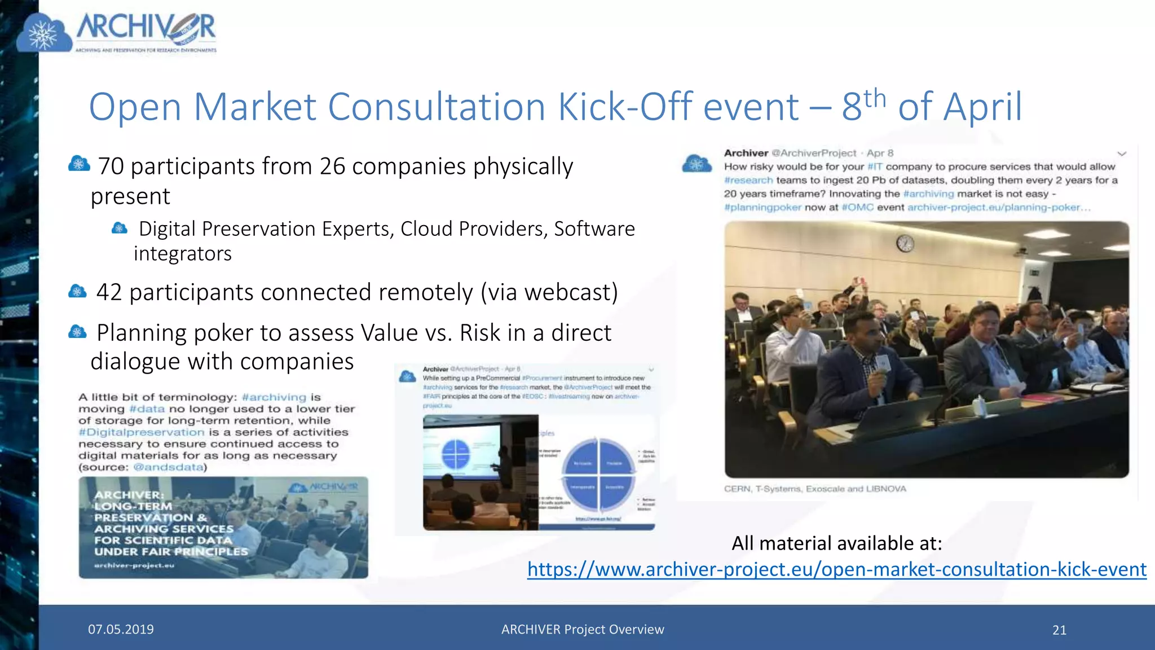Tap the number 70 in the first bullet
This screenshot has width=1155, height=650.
(x=111, y=166)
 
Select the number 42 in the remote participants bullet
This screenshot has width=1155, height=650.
(x=109, y=292)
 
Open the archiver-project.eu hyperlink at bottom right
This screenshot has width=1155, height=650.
(x=837, y=569)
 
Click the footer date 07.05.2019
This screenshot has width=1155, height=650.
(x=121, y=629)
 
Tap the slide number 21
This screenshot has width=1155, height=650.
(x=1059, y=630)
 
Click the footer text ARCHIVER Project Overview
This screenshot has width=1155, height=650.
(x=583, y=629)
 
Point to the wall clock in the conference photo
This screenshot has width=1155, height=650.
(x=905, y=244)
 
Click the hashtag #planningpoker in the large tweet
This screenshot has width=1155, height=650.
(x=762, y=208)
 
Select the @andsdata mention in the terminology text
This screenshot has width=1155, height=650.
(x=168, y=467)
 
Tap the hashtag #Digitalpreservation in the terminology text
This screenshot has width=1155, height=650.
(x=142, y=432)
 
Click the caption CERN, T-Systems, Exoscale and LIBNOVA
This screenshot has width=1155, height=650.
(x=815, y=489)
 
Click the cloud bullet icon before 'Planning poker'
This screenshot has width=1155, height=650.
(x=77, y=332)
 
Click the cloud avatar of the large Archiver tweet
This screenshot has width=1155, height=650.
(x=696, y=164)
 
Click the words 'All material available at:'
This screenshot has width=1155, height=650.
(x=837, y=543)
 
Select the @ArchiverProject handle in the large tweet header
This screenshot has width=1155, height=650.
(x=813, y=153)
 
